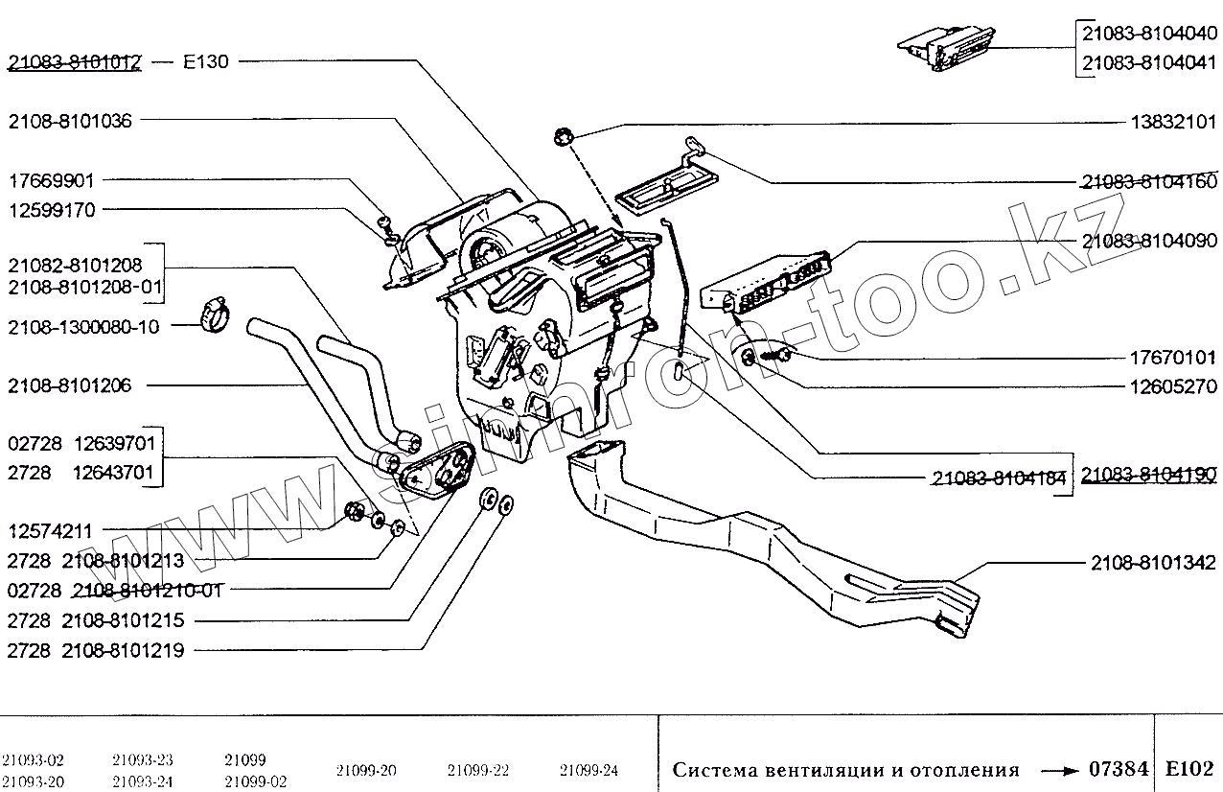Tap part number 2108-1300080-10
83,327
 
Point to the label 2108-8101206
69,385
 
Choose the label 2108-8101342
1153,563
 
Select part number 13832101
1174,123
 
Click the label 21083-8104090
1149,243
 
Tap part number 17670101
1173,359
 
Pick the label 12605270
1173,386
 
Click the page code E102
1189,769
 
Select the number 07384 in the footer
1119,769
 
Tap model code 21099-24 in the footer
588,770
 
